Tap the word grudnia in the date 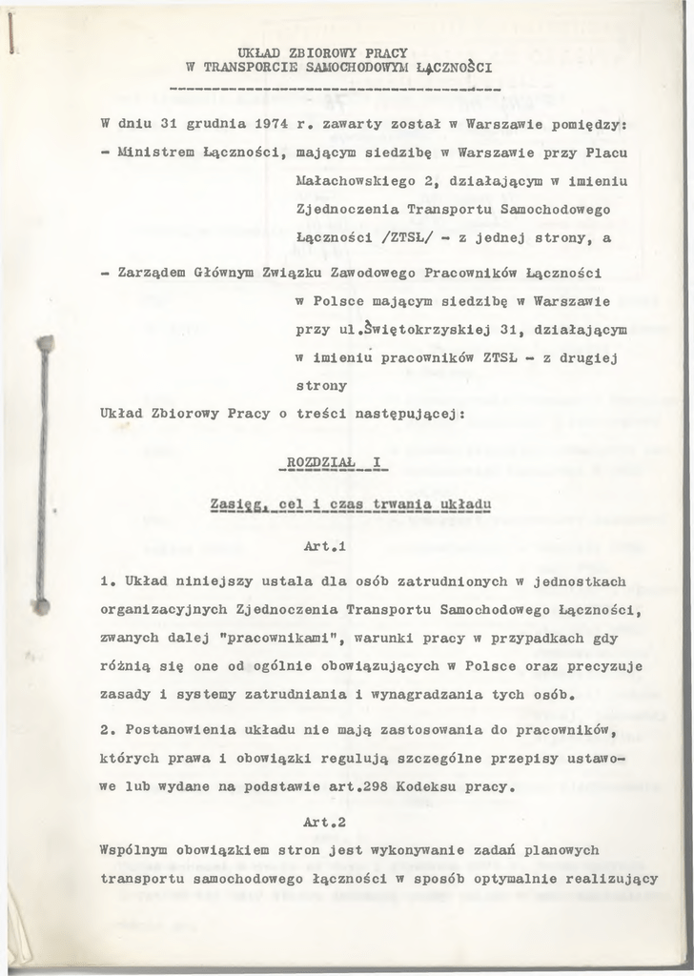(212, 123)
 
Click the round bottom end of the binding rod (41, 604)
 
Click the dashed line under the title (334, 91)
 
